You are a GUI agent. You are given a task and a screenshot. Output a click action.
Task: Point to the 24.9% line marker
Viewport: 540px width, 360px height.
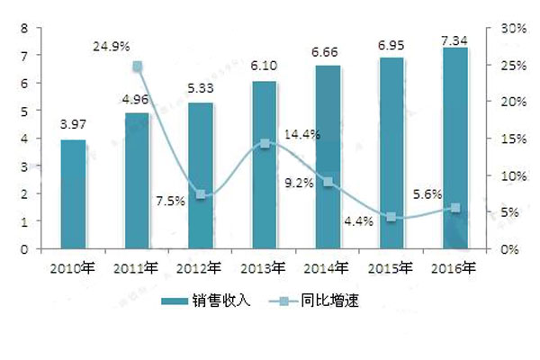(137, 67)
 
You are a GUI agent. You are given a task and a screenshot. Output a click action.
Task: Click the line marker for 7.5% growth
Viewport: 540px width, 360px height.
(202, 194)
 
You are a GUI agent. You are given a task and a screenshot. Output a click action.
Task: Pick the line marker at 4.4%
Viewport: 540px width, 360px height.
(391, 217)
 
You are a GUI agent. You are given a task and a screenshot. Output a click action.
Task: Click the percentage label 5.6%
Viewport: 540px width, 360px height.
(427, 193)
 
